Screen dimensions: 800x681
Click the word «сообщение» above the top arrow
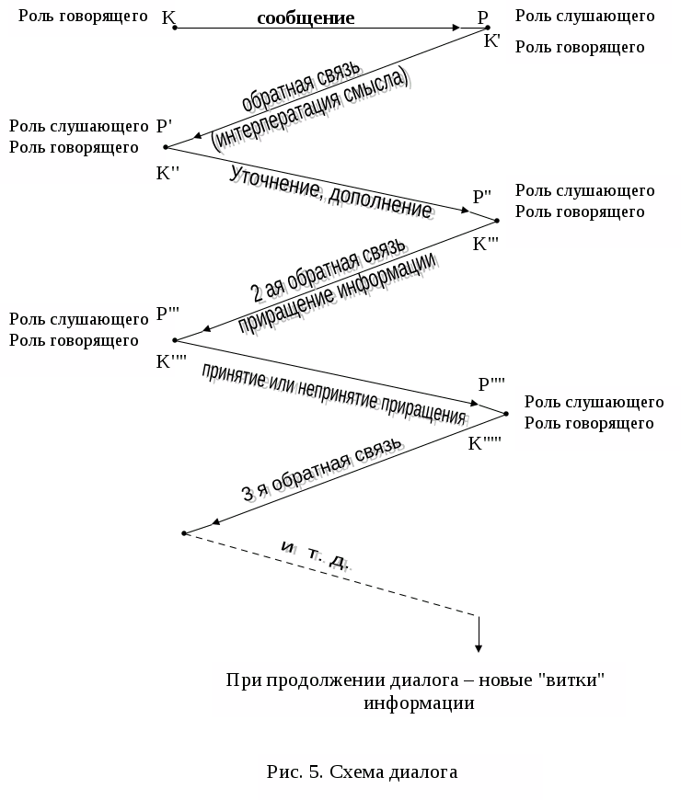click(x=306, y=18)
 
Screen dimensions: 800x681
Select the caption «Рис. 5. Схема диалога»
click(x=362, y=771)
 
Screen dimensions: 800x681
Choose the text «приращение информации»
click(x=337, y=293)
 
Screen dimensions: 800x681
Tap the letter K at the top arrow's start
click(x=167, y=17)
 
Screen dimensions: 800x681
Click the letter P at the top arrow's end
click(x=483, y=17)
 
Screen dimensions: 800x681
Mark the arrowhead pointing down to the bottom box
click(x=479, y=646)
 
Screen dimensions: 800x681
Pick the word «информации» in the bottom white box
click(x=419, y=703)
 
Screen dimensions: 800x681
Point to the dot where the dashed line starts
click(x=185, y=532)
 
